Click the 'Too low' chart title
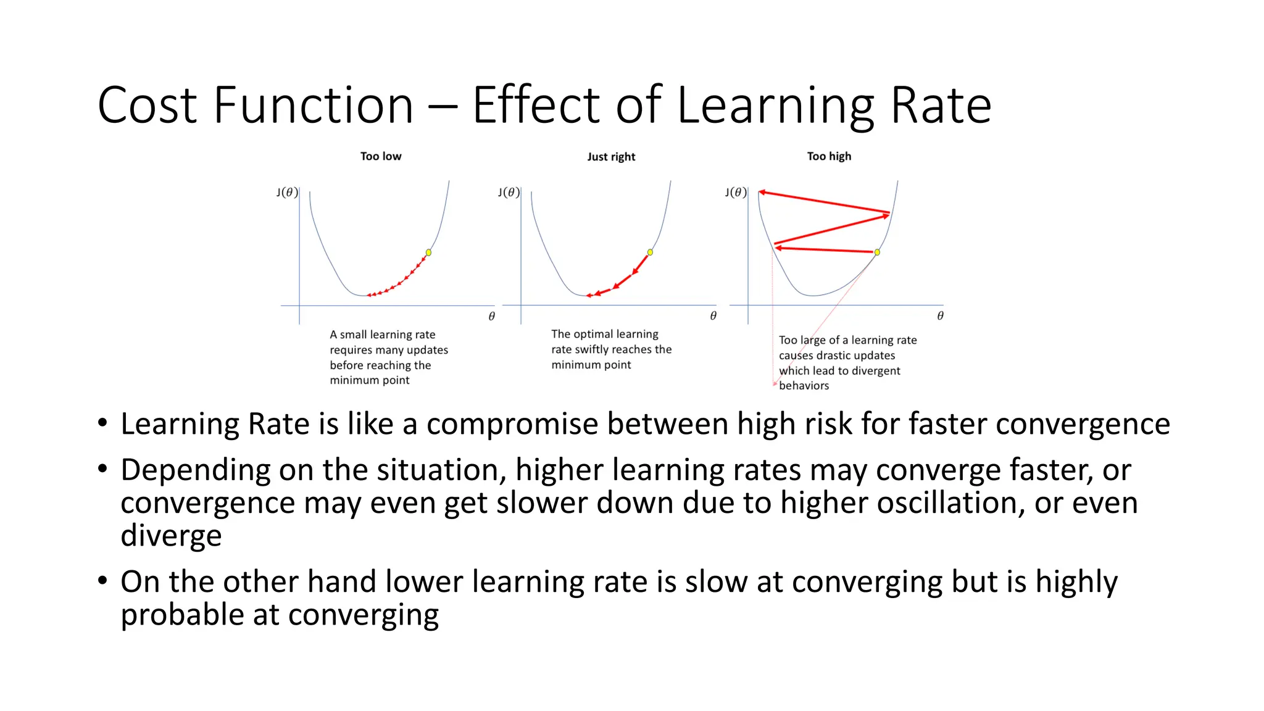[380, 157]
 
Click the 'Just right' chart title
[610, 157]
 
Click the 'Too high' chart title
[828, 157]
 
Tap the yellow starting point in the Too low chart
[428, 252]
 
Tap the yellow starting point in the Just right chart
[650, 252]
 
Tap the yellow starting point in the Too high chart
[877, 252]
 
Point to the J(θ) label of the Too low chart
[287, 193]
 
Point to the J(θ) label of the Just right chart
[509, 193]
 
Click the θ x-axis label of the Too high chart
[940, 316]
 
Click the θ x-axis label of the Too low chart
[491, 317]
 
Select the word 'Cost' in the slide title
[147, 106]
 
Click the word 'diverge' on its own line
[171, 535]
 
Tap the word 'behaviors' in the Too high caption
[804, 386]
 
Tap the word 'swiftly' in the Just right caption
[593, 350]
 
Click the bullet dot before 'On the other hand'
[102, 580]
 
